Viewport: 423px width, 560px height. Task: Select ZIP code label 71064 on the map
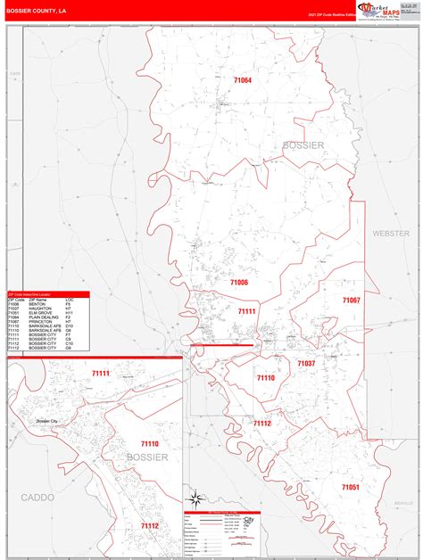242,80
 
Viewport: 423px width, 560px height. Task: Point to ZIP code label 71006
238,282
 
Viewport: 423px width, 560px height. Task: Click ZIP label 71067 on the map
351,301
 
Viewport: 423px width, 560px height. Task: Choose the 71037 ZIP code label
306,364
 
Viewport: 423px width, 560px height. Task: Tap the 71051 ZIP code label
350,487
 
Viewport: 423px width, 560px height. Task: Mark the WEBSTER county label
390,232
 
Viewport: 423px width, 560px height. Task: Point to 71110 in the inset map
148,443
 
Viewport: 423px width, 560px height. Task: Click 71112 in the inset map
148,527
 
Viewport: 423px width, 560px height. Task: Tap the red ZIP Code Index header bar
48,293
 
